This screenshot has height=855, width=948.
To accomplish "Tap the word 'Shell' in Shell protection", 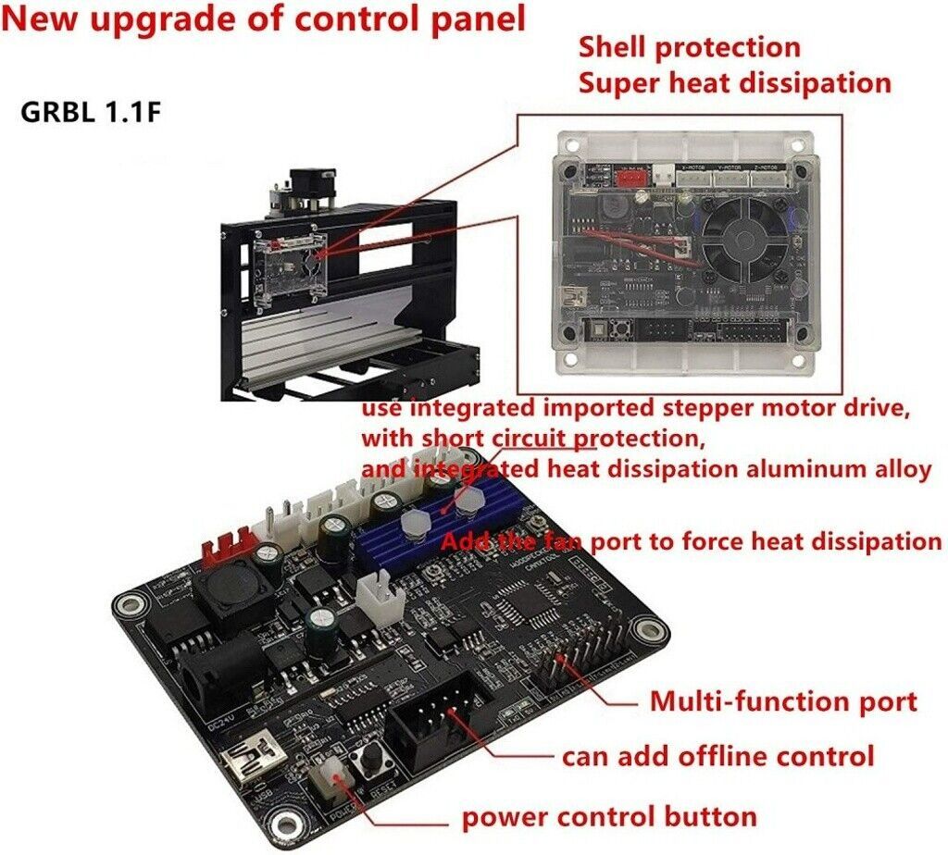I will pyautogui.click(x=615, y=47).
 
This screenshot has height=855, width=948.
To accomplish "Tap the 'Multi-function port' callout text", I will pyautogui.click(x=783, y=700).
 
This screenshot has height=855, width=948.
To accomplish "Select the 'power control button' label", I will pyautogui.click(x=609, y=816).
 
